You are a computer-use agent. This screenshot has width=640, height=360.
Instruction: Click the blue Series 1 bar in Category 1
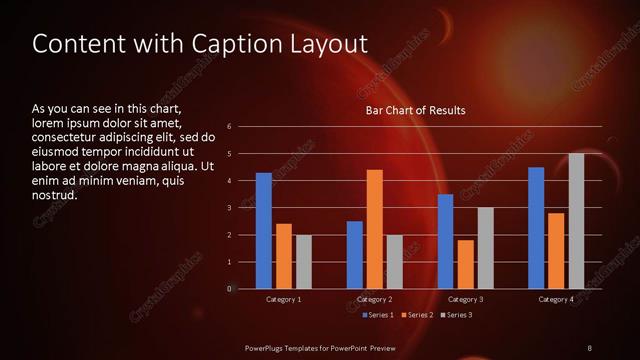coord(263,231)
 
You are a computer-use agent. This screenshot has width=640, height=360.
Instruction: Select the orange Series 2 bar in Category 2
coord(374,229)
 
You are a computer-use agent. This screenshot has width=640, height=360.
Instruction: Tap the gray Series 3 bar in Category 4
coord(576,221)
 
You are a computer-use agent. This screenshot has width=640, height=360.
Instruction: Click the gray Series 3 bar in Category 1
coord(303,262)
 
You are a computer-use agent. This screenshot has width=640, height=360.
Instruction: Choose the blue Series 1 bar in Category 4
coord(536,228)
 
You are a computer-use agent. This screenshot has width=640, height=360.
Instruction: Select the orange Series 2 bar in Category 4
coord(556,251)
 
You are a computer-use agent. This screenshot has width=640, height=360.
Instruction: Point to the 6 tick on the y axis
coord(229,127)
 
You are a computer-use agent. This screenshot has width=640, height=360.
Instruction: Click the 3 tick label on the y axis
coord(229,208)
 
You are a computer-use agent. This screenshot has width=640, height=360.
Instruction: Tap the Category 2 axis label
coord(374,299)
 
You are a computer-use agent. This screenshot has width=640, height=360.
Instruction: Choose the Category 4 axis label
coord(556,299)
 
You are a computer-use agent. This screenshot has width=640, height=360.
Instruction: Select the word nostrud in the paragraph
coord(54,195)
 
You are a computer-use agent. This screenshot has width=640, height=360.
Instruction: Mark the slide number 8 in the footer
coord(589,347)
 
